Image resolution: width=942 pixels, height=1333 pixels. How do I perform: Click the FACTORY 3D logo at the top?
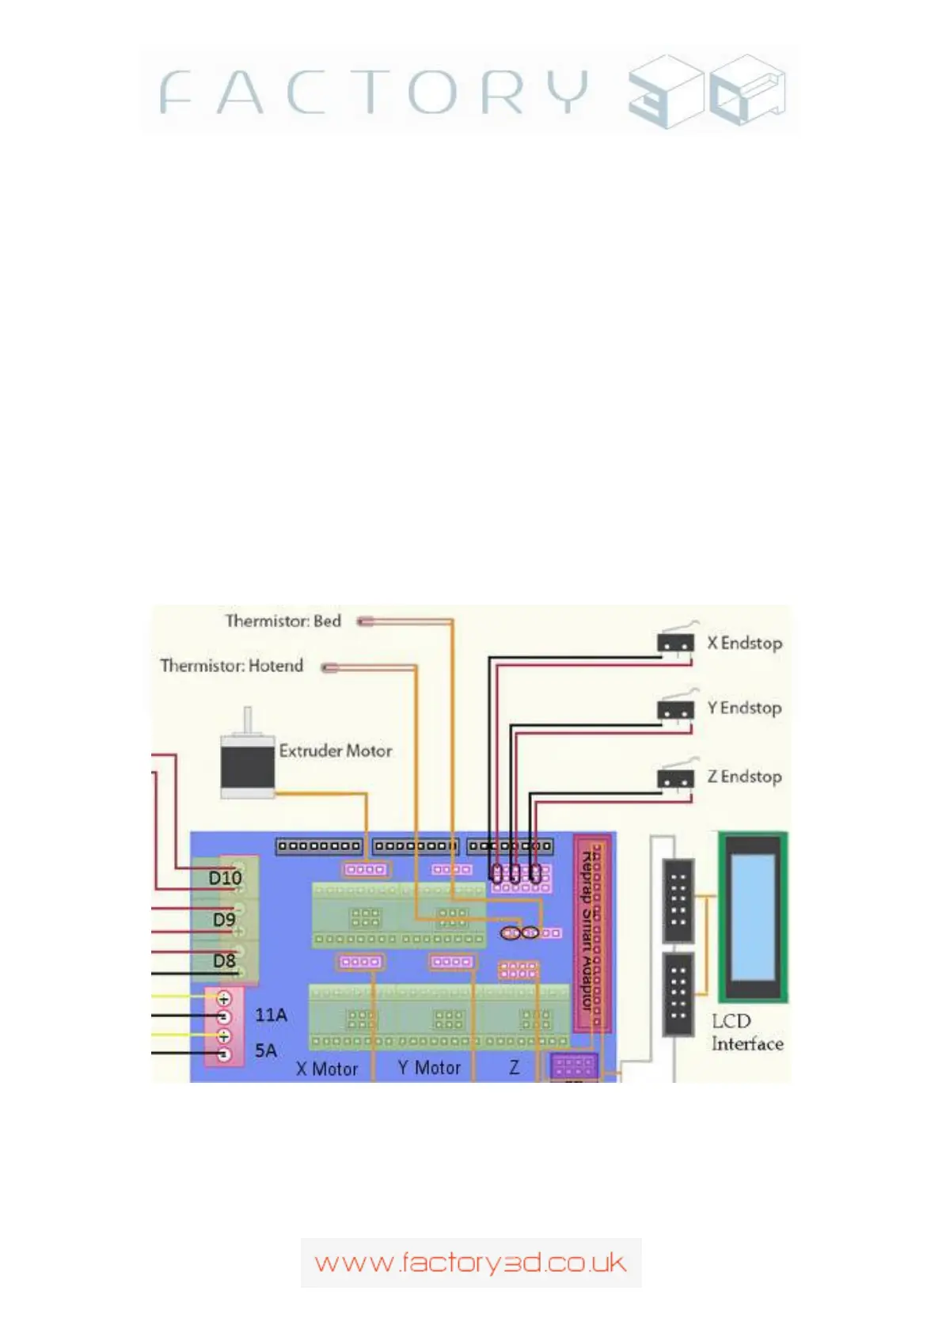click(470, 92)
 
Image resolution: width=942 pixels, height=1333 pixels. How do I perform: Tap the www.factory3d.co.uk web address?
click(470, 1263)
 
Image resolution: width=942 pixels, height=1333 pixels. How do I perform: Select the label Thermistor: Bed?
click(283, 621)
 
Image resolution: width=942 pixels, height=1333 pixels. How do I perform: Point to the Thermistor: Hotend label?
click(231, 666)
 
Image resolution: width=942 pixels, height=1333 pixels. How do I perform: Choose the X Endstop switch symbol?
click(675, 642)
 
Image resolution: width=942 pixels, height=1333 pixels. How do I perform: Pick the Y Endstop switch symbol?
click(675, 708)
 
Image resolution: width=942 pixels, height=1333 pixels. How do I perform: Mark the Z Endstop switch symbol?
click(675, 777)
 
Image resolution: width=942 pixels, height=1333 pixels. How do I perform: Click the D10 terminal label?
click(225, 878)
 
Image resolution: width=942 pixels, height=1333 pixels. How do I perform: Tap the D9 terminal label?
click(224, 920)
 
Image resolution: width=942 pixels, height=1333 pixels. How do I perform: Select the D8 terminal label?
click(224, 961)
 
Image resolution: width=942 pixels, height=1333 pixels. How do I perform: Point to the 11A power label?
click(271, 1015)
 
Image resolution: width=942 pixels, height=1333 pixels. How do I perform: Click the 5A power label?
click(266, 1051)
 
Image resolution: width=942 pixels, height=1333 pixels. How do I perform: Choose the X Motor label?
click(327, 1069)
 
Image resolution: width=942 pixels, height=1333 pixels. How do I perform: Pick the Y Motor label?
click(429, 1069)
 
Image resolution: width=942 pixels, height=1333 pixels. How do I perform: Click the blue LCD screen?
click(752, 917)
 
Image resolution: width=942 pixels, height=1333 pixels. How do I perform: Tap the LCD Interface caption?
click(746, 1033)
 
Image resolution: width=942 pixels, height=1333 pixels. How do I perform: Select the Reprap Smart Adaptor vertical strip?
click(592, 934)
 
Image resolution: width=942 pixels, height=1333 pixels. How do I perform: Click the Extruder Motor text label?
click(336, 751)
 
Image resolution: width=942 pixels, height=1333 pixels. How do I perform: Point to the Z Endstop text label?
click(744, 777)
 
